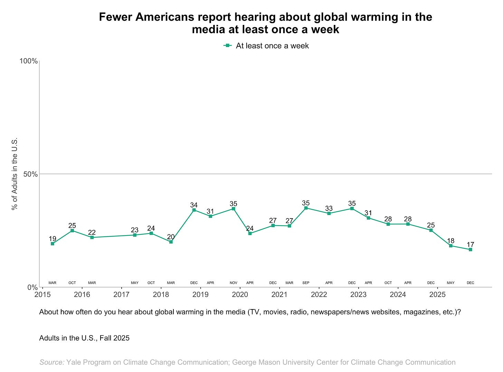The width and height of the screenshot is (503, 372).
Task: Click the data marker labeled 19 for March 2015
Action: tap(53, 244)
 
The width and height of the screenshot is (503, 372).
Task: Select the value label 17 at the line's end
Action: tap(470, 245)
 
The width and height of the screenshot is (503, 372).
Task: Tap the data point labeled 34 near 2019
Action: tap(194, 210)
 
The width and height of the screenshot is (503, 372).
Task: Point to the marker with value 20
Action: tap(171, 242)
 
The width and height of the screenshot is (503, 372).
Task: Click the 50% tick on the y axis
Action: tap(30, 174)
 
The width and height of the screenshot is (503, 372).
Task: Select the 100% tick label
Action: tap(28, 61)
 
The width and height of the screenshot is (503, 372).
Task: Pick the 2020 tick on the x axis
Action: tap(240, 295)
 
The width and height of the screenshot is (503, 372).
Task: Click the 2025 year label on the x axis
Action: tap(437, 295)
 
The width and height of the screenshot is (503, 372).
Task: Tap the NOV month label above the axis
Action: tap(234, 283)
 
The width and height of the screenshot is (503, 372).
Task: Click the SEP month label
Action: tap(306, 283)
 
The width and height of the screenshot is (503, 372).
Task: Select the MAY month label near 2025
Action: tap(450, 283)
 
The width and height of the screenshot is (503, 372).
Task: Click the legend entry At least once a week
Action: tap(272, 46)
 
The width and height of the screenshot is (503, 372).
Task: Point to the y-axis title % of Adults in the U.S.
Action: tap(15, 174)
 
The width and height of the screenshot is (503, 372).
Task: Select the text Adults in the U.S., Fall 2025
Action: tap(84, 338)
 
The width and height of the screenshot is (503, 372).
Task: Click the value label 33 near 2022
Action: tap(329, 208)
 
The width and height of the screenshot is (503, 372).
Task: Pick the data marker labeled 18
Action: tap(450, 246)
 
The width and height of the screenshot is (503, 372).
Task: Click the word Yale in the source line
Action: tap(73, 362)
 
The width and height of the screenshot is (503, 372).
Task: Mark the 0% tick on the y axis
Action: tap(32, 287)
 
